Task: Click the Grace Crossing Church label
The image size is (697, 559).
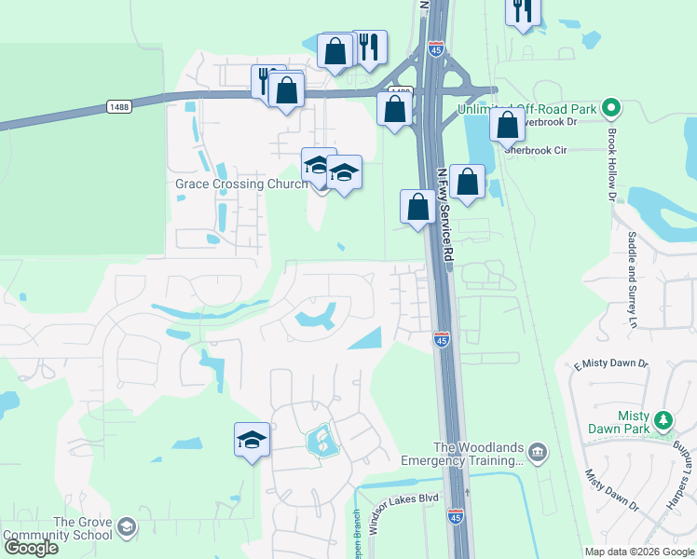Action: (241, 184)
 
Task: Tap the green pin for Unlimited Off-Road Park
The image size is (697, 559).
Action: (611, 109)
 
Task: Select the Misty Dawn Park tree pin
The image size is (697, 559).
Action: (663, 420)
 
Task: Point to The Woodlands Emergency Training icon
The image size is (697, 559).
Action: (537, 453)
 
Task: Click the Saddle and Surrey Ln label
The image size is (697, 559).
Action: (633, 279)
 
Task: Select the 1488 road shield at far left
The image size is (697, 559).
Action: (118, 106)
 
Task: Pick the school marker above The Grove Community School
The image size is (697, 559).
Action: (251, 439)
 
